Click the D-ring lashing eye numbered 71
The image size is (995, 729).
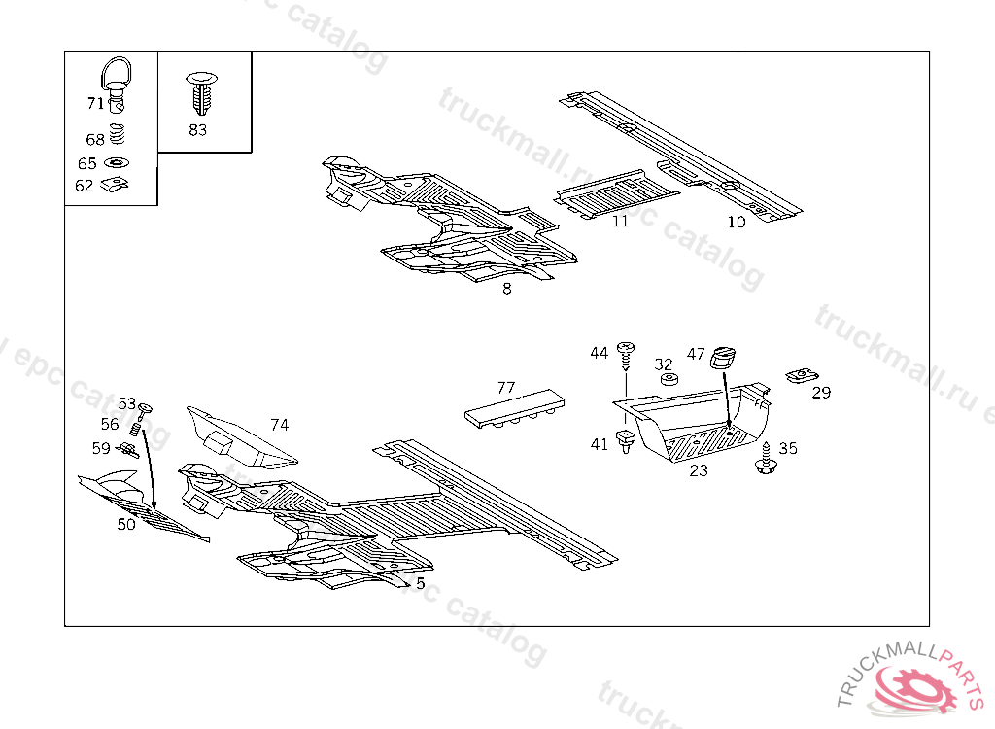[x=118, y=80]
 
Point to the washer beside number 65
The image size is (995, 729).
[x=117, y=163]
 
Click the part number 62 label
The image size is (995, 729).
[x=84, y=186]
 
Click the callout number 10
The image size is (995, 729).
[x=737, y=223]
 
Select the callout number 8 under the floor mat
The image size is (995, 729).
[x=507, y=289]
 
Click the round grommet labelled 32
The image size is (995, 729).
[x=667, y=377]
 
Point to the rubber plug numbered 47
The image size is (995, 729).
[x=723, y=358]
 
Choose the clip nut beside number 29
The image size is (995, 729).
[x=801, y=374]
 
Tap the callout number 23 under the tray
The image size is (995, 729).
[x=699, y=471]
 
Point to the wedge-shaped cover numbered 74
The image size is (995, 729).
[x=238, y=437]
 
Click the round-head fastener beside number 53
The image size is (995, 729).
[x=147, y=405]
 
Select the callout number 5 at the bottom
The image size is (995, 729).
[x=420, y=583]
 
